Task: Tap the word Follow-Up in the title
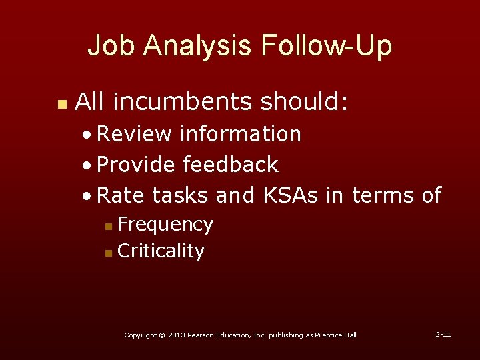327,46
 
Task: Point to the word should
304,102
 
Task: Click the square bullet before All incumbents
61,104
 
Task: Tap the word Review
134,134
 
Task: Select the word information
241,134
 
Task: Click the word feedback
230,164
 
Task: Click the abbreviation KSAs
291,195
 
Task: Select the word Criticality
161,251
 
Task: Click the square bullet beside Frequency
109,227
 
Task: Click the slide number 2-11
443,333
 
